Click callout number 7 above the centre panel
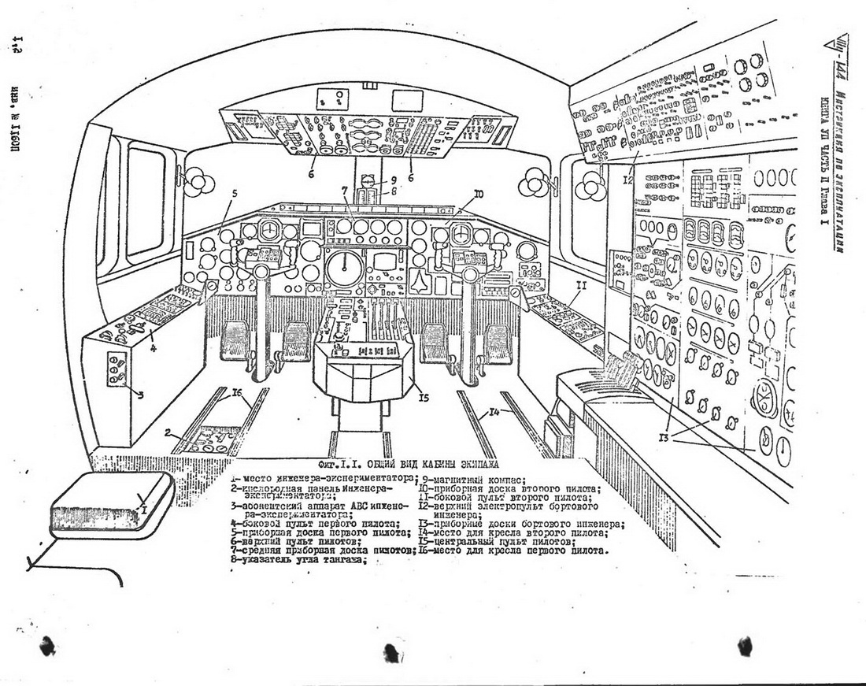coord(344,190)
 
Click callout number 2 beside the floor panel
coord(168,432)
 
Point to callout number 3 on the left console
coord(139,395)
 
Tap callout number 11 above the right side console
coord(580,302)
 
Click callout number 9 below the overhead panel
coord(383,180)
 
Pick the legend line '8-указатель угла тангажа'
coord(299,560)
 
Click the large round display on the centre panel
coord(344,269)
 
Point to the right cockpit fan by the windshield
coord(589,187)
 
